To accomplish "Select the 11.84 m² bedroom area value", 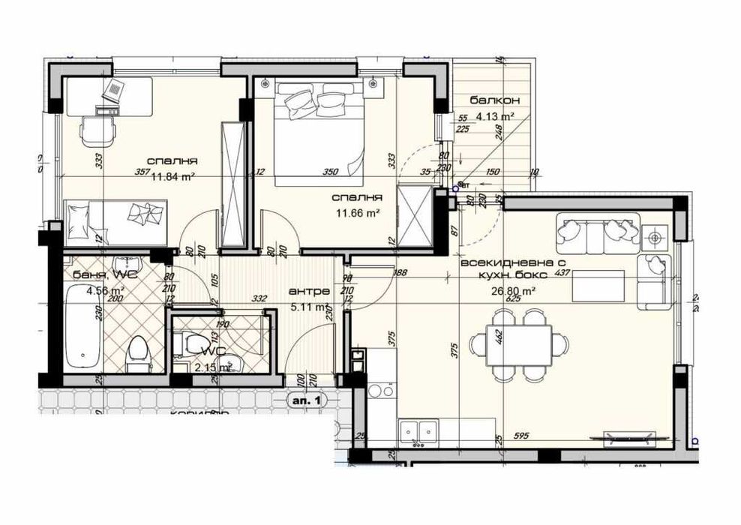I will click(173, 177).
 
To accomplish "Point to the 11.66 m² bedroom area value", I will click(359, 213).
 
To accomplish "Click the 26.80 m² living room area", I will click(513, 292).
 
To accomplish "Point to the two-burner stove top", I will click(382, 391).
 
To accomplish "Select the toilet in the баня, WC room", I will click(138, 350).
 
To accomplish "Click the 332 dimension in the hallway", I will click(260, 299).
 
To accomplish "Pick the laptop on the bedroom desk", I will click(114, 92).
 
